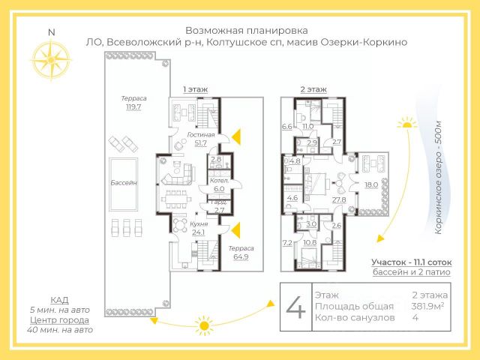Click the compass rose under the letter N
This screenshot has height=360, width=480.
click(51, 59)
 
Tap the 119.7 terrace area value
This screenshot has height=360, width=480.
click(134, 107)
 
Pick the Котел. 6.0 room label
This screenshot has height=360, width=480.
click(218, 185)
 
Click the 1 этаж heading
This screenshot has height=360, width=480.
click(195, 89)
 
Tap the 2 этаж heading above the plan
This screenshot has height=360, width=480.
click(313, 89)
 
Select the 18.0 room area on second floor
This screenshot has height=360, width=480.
click(370, 184)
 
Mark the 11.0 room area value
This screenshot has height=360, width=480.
click(307, 126)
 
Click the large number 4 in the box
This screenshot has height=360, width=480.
click(296, 306)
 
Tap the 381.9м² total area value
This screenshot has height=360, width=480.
click(430, 306)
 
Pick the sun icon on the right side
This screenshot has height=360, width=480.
click(407, 122)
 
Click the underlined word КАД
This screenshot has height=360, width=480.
click(49, 298)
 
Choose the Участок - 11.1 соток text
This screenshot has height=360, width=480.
click(410, 262)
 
